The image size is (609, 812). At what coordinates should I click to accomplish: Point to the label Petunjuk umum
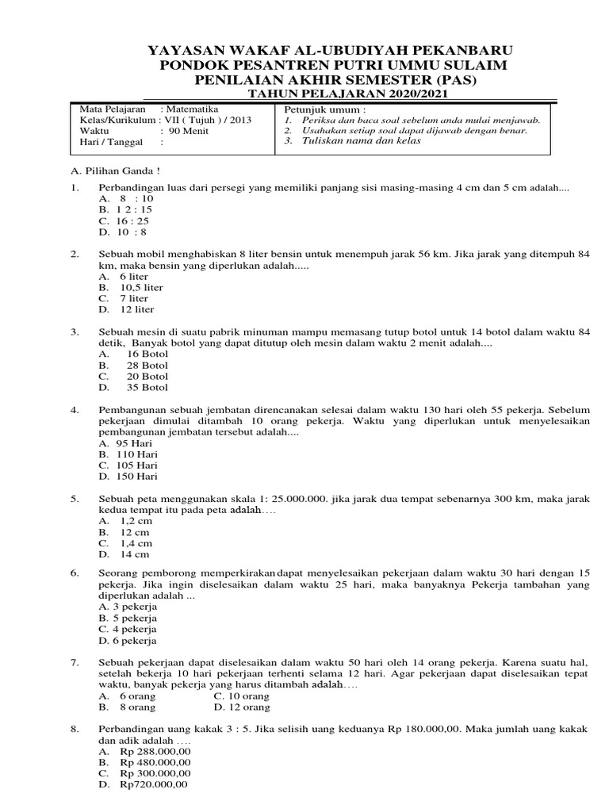314,109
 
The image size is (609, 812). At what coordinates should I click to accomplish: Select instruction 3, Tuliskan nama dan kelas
359,141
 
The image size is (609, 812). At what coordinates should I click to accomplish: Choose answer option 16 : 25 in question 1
134,220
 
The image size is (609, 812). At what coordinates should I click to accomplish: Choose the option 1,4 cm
136,544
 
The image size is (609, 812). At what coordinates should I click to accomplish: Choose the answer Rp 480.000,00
155,761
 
